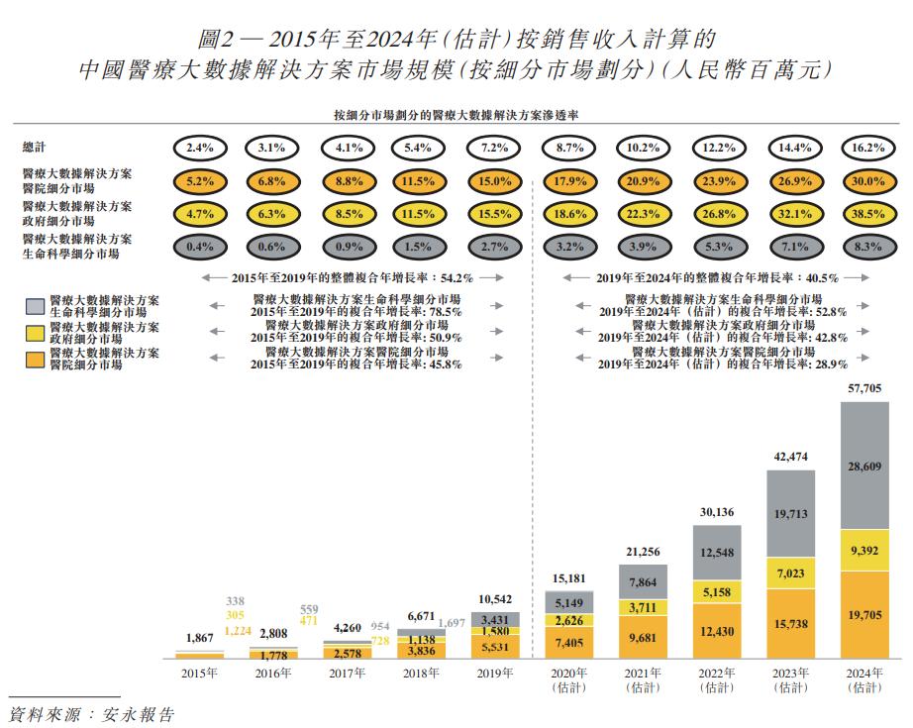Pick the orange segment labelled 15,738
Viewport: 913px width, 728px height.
click(x=790, y=624)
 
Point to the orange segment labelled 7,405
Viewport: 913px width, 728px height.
click(x=568, y=643)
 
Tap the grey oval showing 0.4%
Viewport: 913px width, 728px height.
click(x=200, y=247)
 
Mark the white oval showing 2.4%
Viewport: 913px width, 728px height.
click(x=200, y=148)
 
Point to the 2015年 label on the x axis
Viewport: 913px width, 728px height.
click(x=199, y=674)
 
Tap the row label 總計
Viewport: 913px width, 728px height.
click(x=35, y=148)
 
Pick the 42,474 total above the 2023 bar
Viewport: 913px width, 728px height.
click(x=790, y=458)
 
